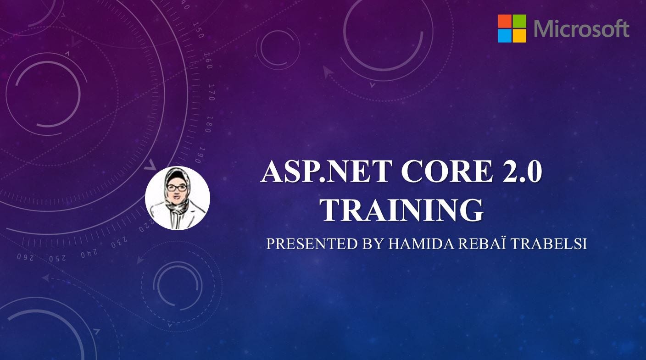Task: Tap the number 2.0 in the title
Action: tap(518, 172)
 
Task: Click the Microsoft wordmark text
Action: tap(581, 29)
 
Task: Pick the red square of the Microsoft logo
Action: tap(505, 21)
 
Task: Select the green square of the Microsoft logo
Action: tap(519, 21)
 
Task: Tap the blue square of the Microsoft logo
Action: tap(505, 36)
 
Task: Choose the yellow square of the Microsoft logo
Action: tap(519, 36)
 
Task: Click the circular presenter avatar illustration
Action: tap(178, 198)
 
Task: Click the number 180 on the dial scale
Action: tap(209, 124)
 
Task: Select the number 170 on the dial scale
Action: tap(212, 92)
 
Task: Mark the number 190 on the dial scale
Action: tap(199, 155)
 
